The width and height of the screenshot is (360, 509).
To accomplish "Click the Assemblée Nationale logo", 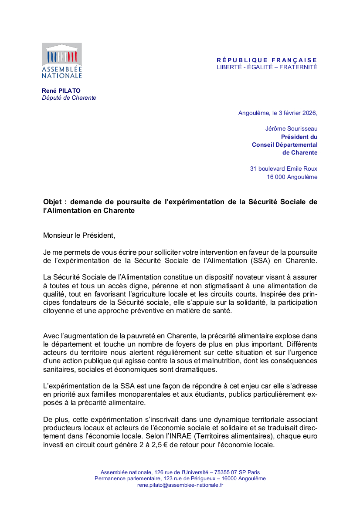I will tap(61, 61).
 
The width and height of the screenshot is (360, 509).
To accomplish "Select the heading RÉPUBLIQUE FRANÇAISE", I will tap(267, 60).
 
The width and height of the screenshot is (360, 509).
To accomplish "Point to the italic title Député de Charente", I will tap(69, 98).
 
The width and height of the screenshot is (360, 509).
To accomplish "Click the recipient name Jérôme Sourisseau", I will tap(291, 128).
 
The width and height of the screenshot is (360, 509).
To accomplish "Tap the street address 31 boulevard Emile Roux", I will tap(284, 169).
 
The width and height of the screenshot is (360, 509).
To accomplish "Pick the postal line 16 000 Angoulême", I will tap(292, 177).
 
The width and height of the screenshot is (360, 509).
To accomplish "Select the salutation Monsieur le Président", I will tap(79, 236).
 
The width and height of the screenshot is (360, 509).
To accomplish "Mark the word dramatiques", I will tap(194, 369).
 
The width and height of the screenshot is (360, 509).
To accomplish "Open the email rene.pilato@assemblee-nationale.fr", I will tap(180, 485).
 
